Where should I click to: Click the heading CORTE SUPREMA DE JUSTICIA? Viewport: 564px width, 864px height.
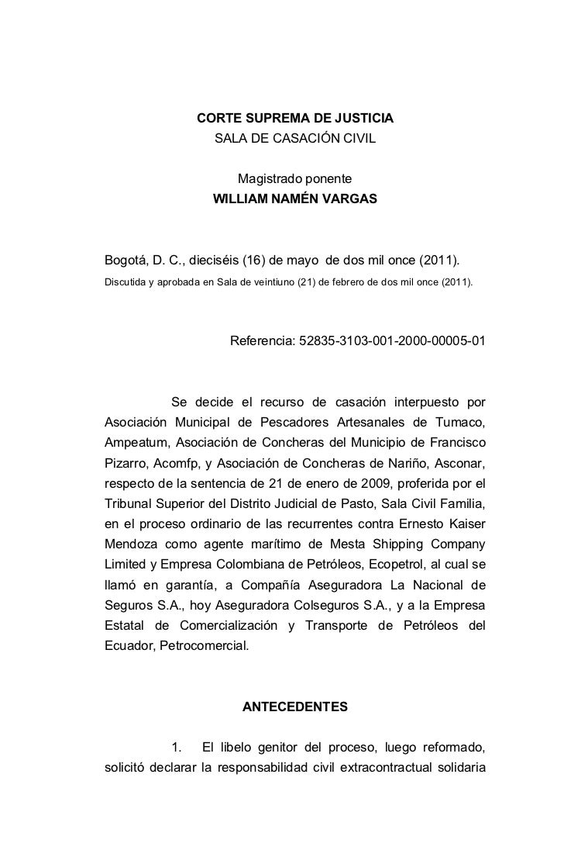tap(294, 120)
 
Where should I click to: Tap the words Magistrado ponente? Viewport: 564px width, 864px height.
tap(294, 179)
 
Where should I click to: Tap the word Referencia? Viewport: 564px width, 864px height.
tap(260, 341)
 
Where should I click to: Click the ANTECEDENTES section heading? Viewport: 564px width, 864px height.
tap(295, 707)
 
